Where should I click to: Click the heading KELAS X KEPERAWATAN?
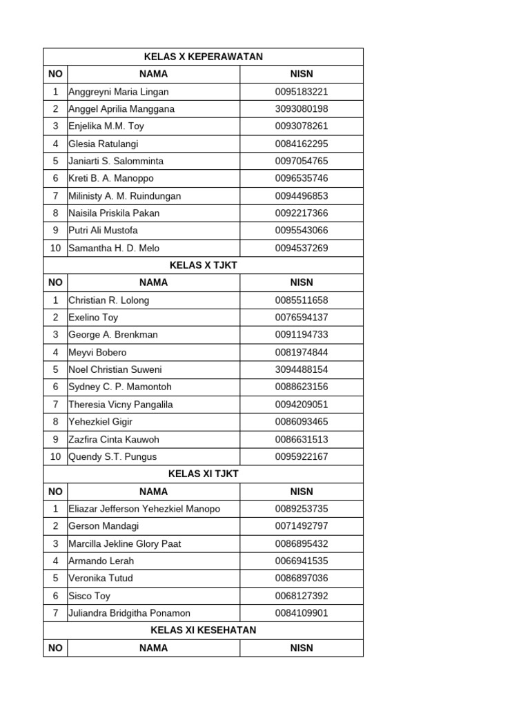pyautogui.click(x=203, y=57)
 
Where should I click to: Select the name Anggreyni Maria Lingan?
pyautogui.click(x=118, y=92)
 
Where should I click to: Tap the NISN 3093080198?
pyautogui.click(x=302, y=109)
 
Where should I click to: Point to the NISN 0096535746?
pyautogui.click(x=302, y=178)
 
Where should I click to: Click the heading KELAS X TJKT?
pyautogui.click(x=203, y=265)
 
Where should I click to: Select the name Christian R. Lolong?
pyautogui.click(x=108, y=300)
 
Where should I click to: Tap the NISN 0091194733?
pyautogui.click(x=302, y=335)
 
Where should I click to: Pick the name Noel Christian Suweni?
pyautogui.click(x=115, y=369)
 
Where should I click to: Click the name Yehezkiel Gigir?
pyautogui.click(x=101, y=422)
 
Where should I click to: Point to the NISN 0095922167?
pyautogui.click(x=302, y=456)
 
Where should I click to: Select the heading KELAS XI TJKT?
pyautogui.click(x=203, y=474)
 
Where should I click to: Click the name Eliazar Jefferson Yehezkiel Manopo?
pyautogui.click(x=144, y=509)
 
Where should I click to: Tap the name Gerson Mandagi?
pyautogui.click(x=104, y=526)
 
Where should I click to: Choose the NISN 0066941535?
pyautogui.click(x=302, y=561)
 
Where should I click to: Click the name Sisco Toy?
pyautogui.click(x=89, y=596)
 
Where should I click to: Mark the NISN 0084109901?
pyautogui.click(x=302, y=613)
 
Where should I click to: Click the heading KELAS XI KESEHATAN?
pyautogui.click(x=203, y=630)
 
